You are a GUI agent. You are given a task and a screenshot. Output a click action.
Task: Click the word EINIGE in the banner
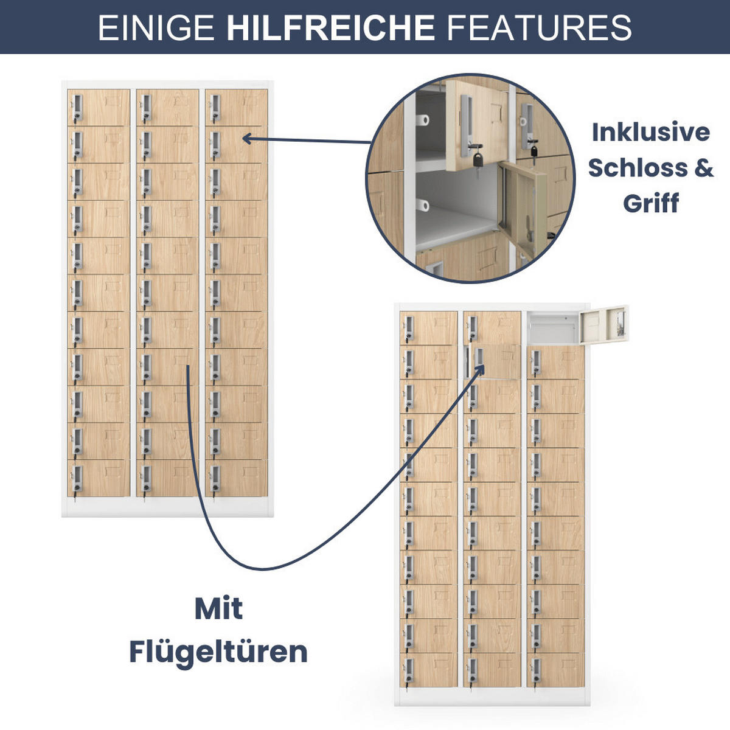pos(156,27)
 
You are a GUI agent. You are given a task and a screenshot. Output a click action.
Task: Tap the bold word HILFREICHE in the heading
pos(330,27)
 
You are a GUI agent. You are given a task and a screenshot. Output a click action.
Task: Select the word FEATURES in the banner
pos(540,27)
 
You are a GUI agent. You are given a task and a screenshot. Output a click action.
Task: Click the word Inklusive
pos(651,132)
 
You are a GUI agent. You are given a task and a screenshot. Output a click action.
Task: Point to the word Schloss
pos(638,167)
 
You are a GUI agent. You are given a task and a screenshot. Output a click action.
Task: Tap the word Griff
pos(651,203)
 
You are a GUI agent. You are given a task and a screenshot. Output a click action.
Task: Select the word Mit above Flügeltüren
pos(218,609)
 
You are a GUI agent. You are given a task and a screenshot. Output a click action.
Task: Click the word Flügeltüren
pos(218,652)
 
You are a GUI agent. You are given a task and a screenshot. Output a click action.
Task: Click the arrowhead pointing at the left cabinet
pos(247,139)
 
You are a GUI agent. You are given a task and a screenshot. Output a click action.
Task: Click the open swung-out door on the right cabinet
pos(604,325)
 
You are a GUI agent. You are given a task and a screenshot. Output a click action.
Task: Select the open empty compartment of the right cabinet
pos(554,328)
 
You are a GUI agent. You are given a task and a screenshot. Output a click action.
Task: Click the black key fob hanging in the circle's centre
pos(478,159)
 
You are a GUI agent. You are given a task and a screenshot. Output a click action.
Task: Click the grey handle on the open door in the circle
pos(465,125)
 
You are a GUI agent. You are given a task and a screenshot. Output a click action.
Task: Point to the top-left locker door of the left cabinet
pos(99,108)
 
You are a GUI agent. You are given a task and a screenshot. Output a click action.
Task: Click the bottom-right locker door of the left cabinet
pos(237,478)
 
